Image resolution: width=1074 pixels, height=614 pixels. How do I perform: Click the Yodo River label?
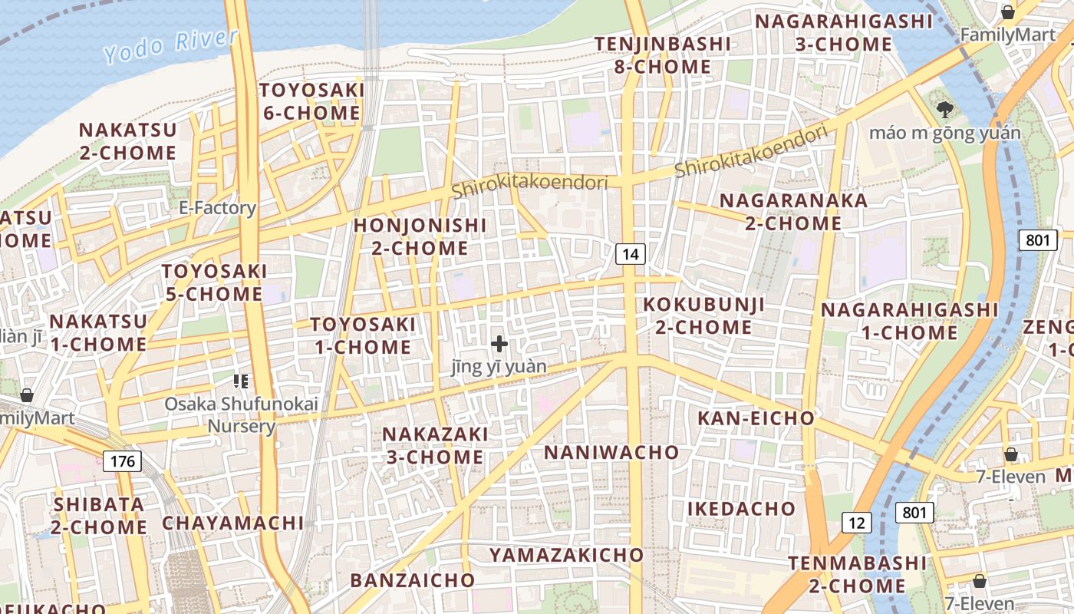point(170,45)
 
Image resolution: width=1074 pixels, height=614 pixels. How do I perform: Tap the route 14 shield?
point(630,254)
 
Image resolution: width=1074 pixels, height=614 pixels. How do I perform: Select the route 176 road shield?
point(122,461)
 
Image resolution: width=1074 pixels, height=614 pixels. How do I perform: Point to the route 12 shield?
point(857,523)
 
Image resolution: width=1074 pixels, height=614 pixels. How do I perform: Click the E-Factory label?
point(217,208)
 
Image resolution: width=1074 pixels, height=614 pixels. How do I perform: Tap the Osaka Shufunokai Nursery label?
point(242,415)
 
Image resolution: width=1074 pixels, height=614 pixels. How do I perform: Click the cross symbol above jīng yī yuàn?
point(499,344)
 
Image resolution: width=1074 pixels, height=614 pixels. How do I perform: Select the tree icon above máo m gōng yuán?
point(945,110)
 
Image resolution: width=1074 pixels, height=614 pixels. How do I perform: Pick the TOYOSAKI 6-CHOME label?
point(311,101)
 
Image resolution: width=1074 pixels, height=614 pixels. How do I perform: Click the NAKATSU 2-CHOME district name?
point(127,141)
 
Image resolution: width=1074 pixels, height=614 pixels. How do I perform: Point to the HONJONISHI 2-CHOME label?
point(420,236)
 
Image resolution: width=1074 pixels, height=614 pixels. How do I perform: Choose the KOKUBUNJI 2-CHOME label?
point(703,315)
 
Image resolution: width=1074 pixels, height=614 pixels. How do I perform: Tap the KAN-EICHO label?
point(756,418)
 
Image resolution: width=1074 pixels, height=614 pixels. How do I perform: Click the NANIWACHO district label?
point(611,452)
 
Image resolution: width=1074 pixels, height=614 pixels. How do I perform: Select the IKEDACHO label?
point(741,509)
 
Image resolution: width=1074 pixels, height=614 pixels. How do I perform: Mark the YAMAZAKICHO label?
point(566,554)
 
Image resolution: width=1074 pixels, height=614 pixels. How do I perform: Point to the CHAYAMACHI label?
point(232,523)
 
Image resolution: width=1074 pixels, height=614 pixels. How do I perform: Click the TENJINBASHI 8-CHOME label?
point(663,55)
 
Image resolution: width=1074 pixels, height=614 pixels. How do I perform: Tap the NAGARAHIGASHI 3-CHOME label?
point(844,33)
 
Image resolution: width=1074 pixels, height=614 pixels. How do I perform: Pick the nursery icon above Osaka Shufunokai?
point(241,380)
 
